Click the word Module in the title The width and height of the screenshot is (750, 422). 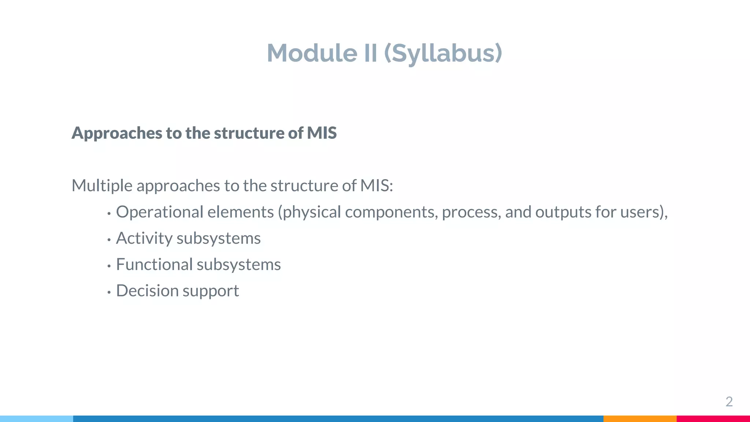(312, 53)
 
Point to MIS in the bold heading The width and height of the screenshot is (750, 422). (322, 133)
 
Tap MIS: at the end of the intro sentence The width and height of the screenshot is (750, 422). (376, 185)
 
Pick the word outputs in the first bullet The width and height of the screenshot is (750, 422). (563, 212)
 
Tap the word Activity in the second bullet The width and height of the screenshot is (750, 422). (144, 238)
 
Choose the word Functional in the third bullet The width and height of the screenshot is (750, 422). (154, 264)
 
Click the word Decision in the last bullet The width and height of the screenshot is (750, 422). (147, 291)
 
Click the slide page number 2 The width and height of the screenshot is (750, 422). (729, 402)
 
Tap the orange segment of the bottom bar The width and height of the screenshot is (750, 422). (639, 419)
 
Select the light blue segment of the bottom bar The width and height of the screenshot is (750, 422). (36, 419)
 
